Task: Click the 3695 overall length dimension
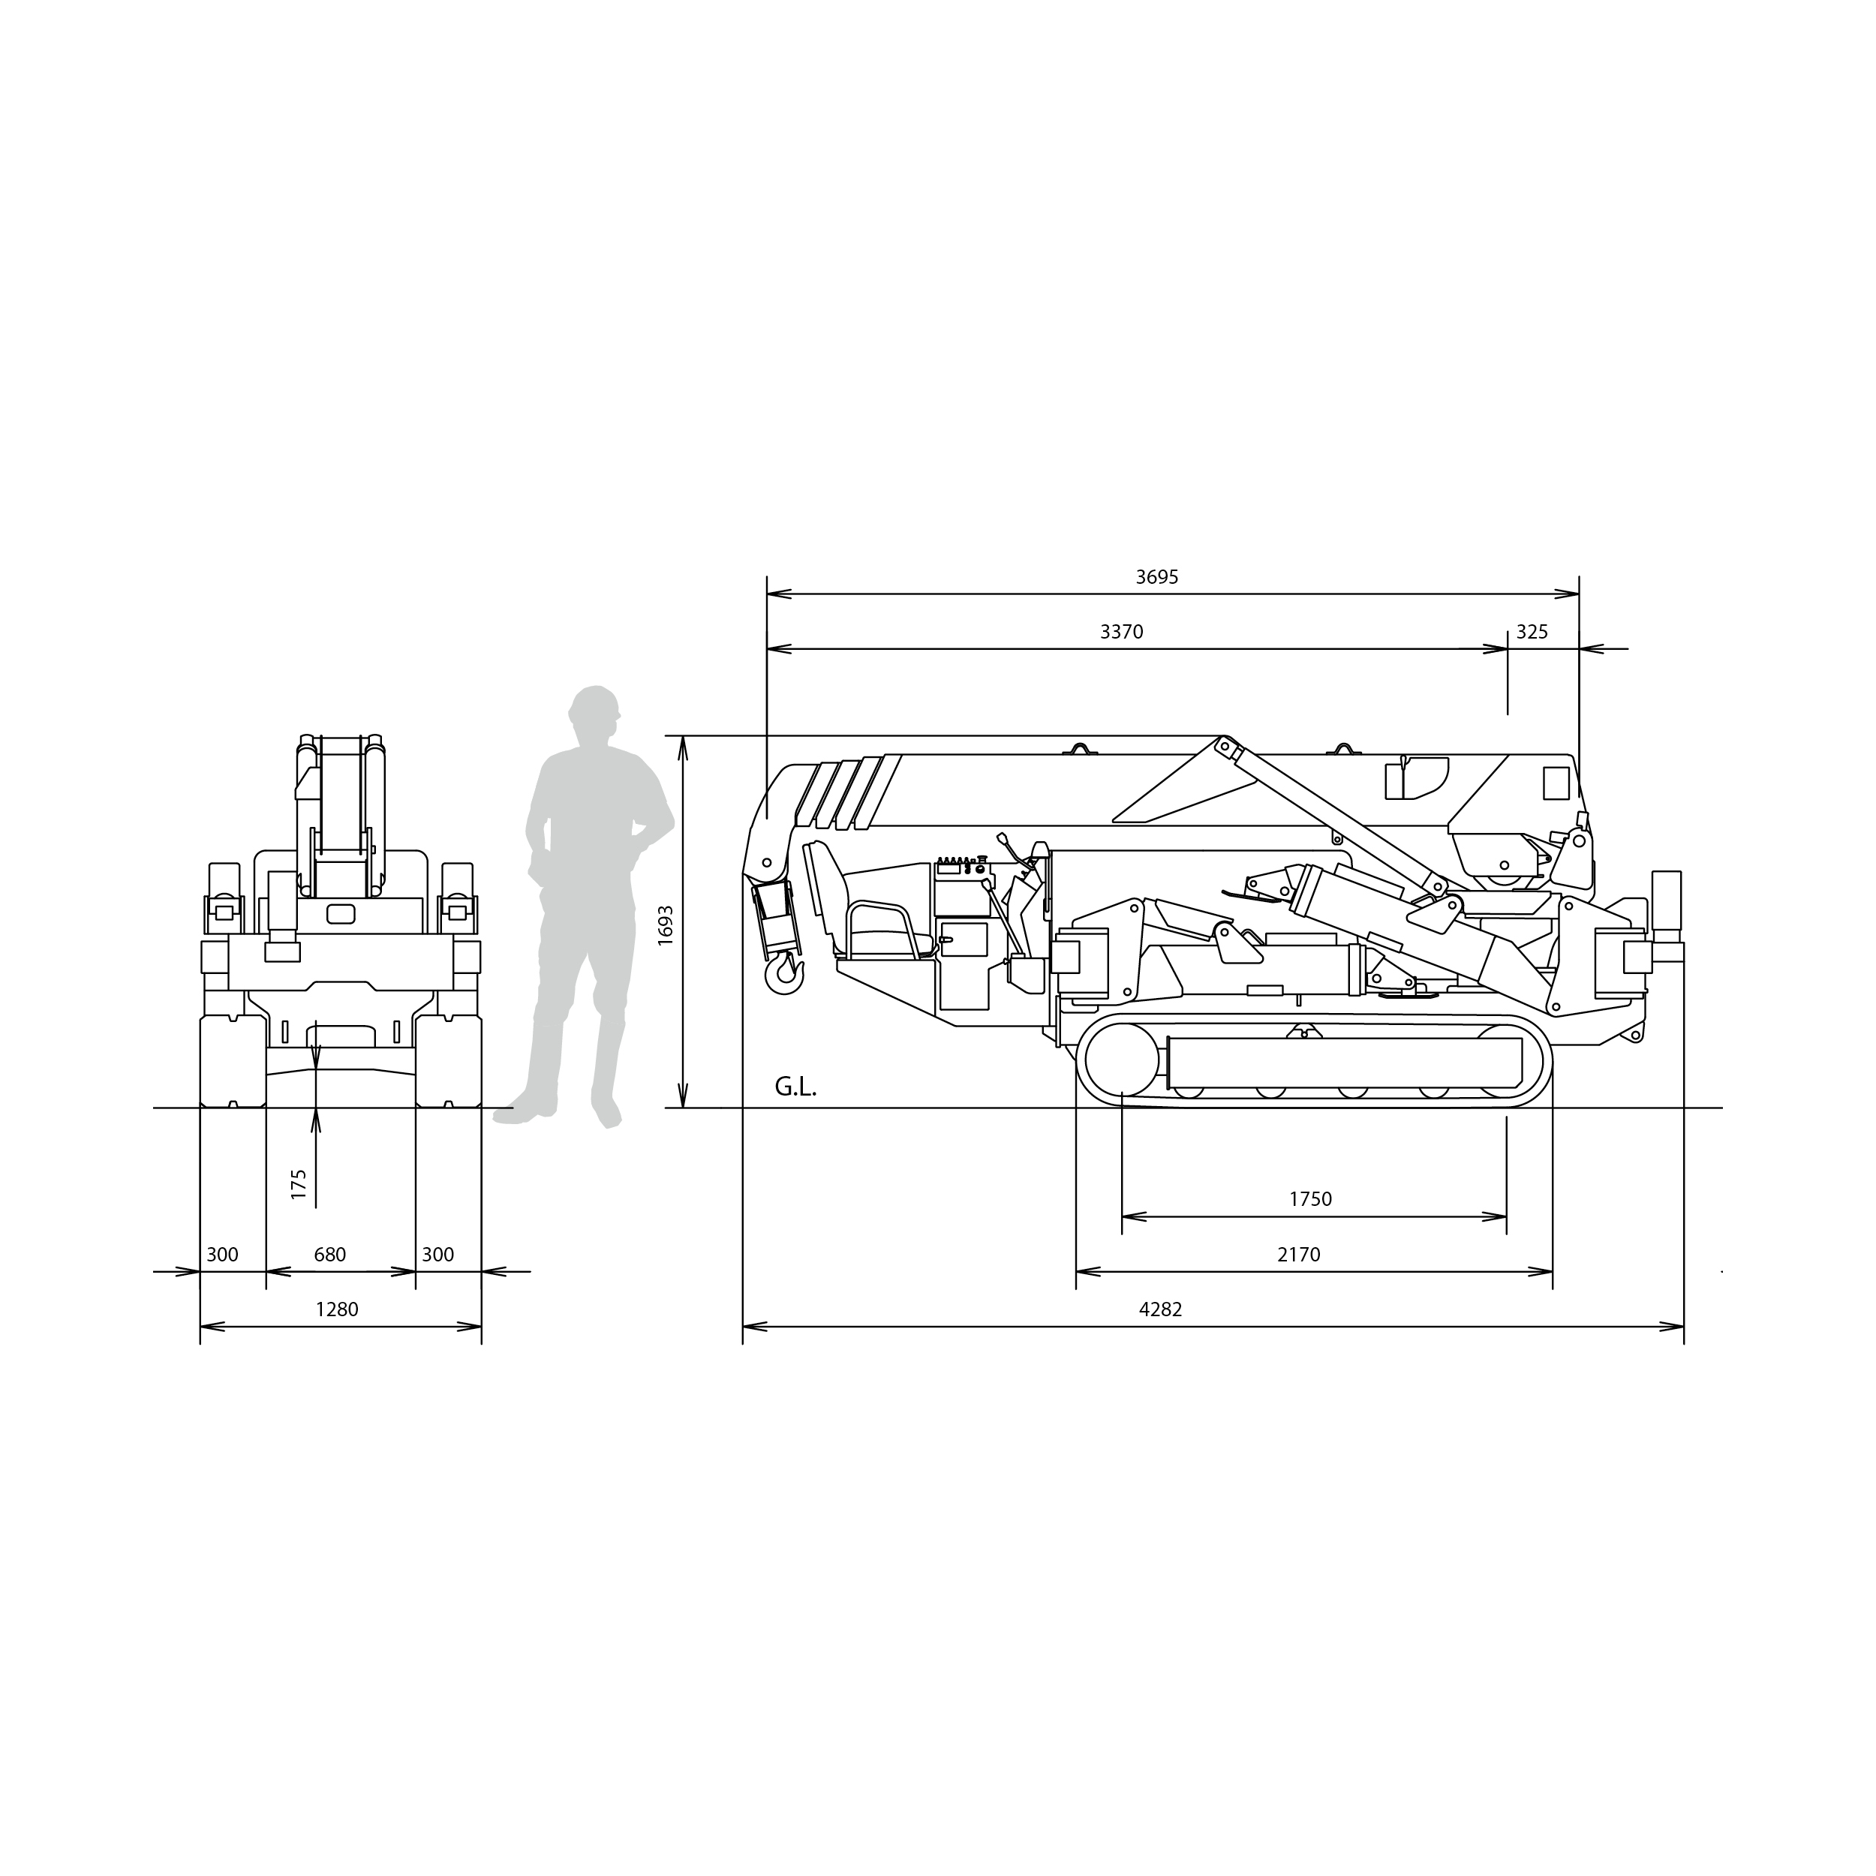tap(1156, 577)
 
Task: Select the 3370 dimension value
tap(1122, 632)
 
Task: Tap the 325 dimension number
tap(1532, 632)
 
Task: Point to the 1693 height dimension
tap(665, 925)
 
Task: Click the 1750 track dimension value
tap(1310, 1199)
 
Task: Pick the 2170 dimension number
tap(1298, 1255)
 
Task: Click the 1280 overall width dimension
tap(337, 1310)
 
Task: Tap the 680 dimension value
tap(330, 1255)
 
